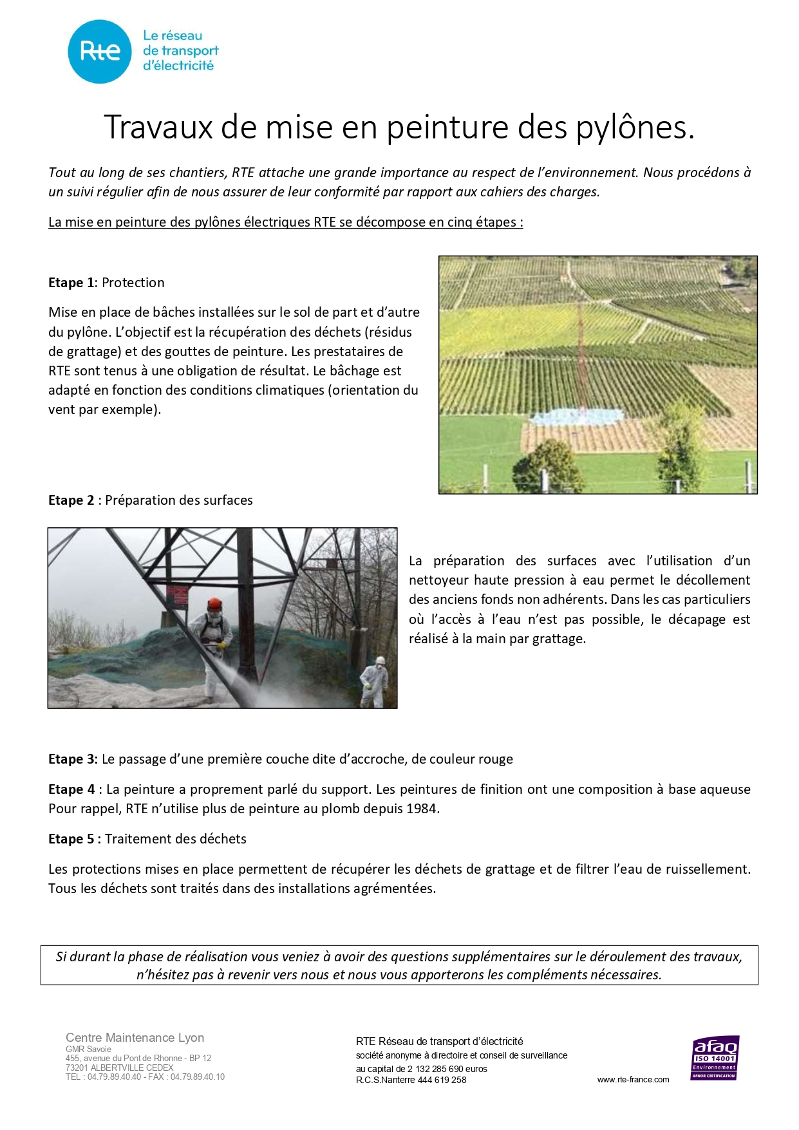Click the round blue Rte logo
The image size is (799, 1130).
click(100, 52)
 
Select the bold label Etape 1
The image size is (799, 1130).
click(71, 283)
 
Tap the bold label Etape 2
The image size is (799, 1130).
click(71, 500)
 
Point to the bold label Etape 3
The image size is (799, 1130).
click(73, 759)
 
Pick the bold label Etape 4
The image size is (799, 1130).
click(71, 789)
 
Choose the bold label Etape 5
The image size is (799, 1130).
click(74, 839)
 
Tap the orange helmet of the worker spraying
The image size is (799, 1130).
click(214, 605)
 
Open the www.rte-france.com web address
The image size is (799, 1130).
click(633, 1080)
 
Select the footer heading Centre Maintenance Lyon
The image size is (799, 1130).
click(135, 1037)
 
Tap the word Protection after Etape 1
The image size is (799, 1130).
click(133, 283)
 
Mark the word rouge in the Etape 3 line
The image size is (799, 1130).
click(495, 759)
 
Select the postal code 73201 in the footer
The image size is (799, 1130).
click(77, 1068)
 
